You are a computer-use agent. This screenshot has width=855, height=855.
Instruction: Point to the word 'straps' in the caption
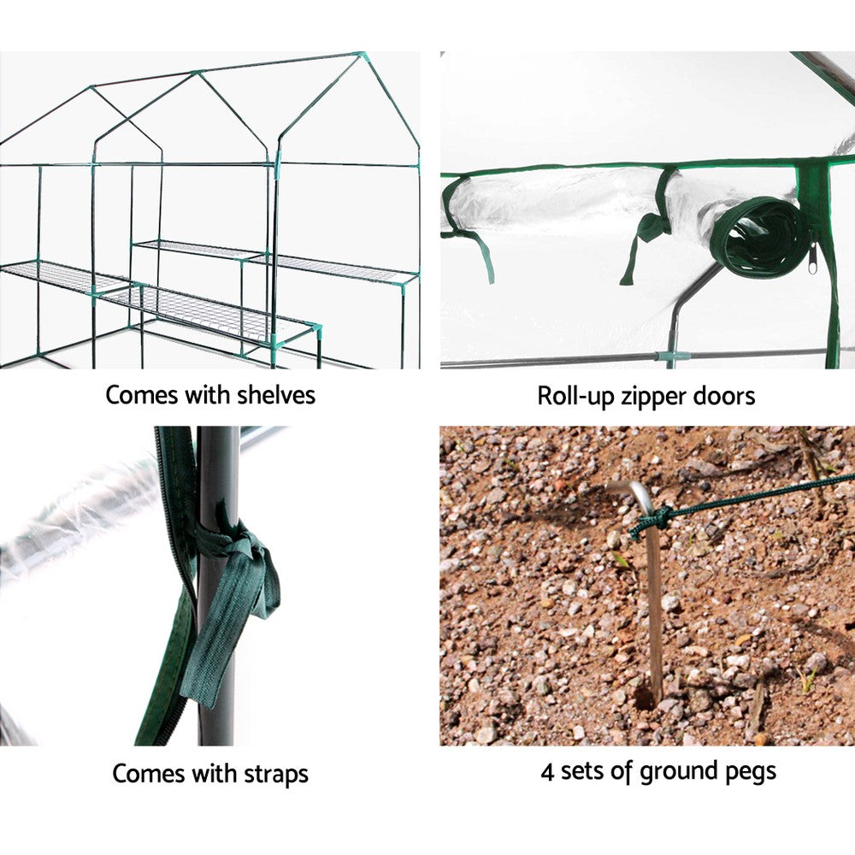(x=270, y=775)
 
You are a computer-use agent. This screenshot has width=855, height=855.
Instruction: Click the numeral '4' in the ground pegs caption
(x=548, y=771)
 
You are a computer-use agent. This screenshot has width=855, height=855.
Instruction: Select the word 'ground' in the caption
(x=674, y=773)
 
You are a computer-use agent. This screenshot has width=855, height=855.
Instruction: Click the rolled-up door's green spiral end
(x=761, y=238)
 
